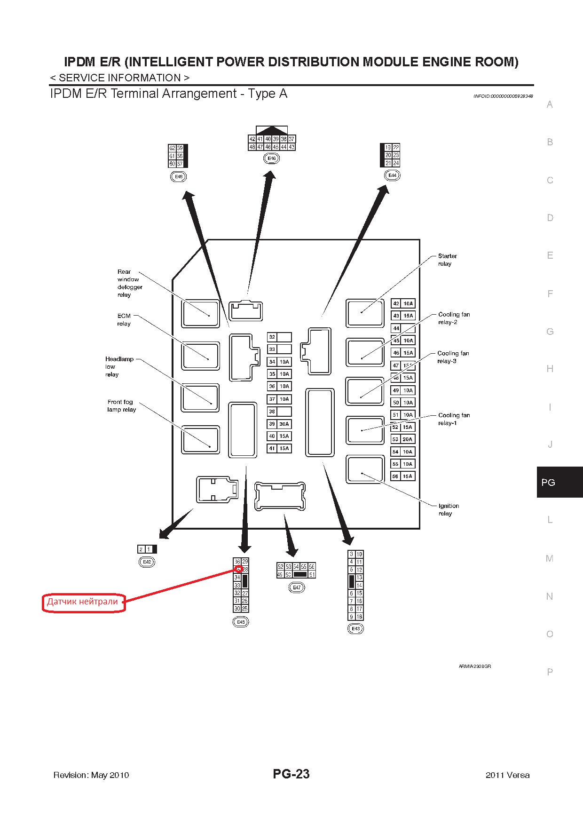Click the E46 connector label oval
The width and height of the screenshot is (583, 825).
pos(271,159)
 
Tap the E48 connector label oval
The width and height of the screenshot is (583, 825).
pos(178,177)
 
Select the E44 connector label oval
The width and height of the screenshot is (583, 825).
pos(392,175)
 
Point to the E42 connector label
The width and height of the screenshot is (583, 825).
pos(147,562)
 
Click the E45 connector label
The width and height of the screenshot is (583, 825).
pos(241,622)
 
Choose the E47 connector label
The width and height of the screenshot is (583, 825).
pos(297,587)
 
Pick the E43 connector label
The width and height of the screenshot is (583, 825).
pos(355,629)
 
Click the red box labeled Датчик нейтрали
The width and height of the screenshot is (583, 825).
pos(84,602)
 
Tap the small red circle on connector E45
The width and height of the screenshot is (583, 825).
pos(238,570)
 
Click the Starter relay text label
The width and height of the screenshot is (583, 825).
pos(447,260)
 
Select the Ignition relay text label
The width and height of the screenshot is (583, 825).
pos(449,509)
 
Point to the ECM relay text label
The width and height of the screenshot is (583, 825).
pos(124,320)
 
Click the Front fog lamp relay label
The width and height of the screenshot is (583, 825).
pos(121,405)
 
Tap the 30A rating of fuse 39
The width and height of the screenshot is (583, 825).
pos(284,424)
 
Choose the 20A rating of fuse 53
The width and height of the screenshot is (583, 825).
pos(408,439)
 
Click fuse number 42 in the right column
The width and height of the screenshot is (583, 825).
pos(396,303)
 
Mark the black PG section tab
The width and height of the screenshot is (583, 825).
pos(559,482)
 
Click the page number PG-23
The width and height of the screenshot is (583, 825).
pos(291,774)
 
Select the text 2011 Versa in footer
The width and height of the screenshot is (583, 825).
pos(507,775)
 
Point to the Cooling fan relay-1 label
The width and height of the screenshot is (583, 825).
pos(454,419)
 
